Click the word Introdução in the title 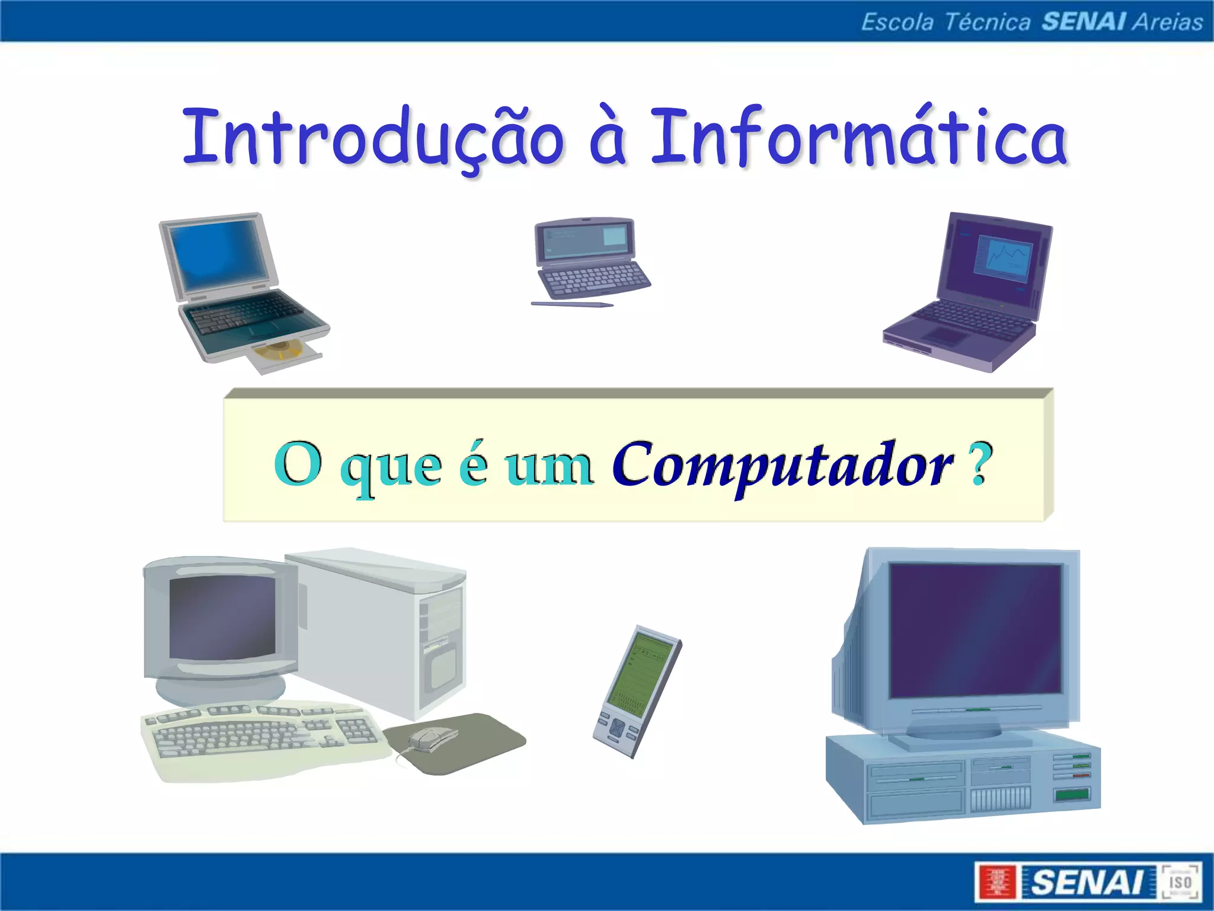tap(373, 138)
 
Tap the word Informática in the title tap(860, 138)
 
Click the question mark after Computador tap(981, 464)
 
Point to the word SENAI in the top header tap(1084, 22)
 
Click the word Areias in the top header tap(1167, 22)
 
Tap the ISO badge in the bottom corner tap(1180, 881)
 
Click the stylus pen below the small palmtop tap(571, 305)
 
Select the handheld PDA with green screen tap(638, 691)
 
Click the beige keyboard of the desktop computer tap(261, 735)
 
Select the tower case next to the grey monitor tap(379, 629)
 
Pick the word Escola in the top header tap(897, 22)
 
